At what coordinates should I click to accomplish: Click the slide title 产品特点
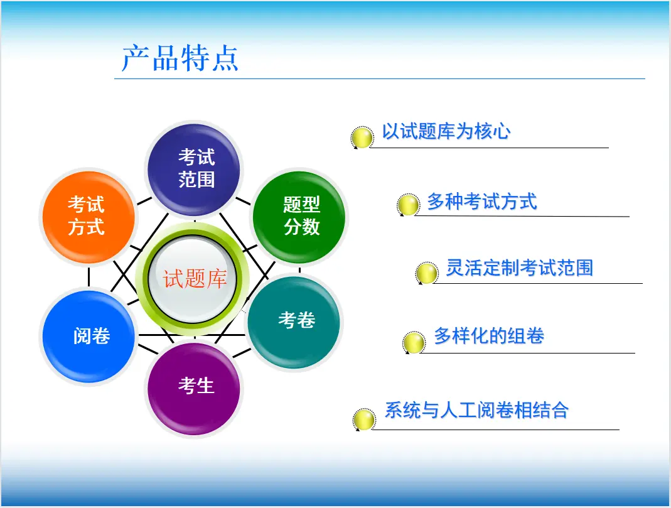click(x=180, y=58)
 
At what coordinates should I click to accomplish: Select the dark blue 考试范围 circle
click(x=194, y=169)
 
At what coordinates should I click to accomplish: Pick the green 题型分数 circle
click(x=299, y=216)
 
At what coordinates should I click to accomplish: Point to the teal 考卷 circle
click(x=294, y=322)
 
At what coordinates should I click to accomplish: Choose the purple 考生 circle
click(x=194, y=388)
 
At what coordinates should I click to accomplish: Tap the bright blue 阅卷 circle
click(x=89, y=336)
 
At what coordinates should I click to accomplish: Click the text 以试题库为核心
click(x=446, y=131)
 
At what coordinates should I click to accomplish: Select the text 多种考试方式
click(x=482, y=201)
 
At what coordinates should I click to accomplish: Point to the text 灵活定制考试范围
click(x=520, y=268)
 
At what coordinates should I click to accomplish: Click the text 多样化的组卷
click(x=489, y=335)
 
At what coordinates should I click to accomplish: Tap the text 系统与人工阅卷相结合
click(x=476, y=410)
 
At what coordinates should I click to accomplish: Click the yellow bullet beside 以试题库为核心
click(x=362, y=138)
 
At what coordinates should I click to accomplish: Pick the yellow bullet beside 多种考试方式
click(x=408, y=205)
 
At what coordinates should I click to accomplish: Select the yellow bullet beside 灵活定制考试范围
click(x=427, y=273)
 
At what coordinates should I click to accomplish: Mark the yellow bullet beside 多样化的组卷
click(x=414, y=342)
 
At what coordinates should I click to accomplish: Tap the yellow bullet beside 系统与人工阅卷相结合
click(x=364, y=419)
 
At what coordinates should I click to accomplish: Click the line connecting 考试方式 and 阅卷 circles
click(x=89, y=277)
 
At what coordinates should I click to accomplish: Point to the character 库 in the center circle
click(x=217, y=279)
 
